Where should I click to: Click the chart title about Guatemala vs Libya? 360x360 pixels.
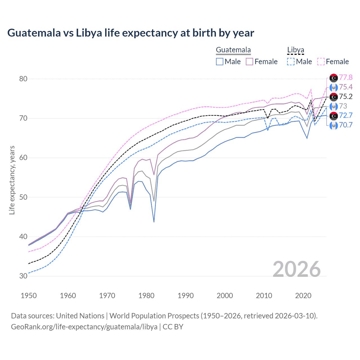[131, 33]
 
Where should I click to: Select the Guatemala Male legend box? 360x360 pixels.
[220, 62]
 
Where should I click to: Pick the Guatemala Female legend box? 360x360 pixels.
[249, 62]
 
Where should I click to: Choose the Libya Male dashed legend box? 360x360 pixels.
[291, 62]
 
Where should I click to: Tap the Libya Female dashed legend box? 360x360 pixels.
[321, 62]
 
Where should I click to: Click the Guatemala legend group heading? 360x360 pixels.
[233, 50]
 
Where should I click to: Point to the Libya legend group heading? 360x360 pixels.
[296, 50]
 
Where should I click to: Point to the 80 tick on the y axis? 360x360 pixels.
[23, 79]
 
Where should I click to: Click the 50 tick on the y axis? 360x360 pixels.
[23, 197]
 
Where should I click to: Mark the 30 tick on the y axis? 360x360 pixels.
[23, 276]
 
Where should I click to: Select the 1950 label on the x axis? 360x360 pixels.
[29, 296]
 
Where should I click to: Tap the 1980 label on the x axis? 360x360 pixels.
[146, 296]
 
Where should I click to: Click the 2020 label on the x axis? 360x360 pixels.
[303, 296]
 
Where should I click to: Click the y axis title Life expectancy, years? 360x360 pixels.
[12, 180]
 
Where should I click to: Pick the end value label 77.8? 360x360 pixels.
[346, 77]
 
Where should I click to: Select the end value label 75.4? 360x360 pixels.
[346, 87]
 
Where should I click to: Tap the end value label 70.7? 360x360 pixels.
[346, 125]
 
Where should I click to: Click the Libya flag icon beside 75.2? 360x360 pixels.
[334, 97]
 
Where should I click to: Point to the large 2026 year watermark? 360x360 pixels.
[297, 269]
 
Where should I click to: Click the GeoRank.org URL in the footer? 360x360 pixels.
[84, 327]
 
